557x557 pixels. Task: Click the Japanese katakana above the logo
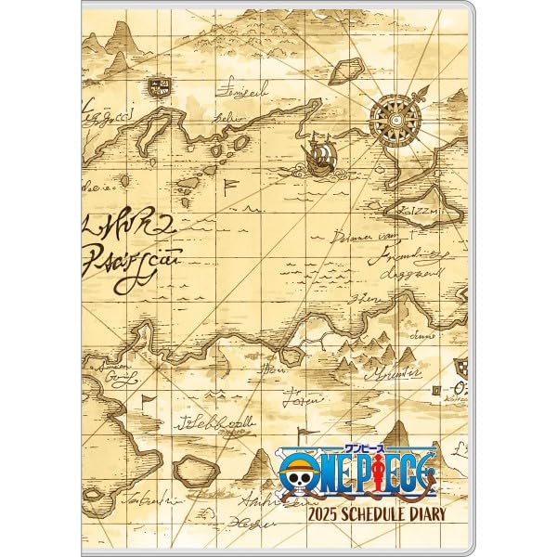[377, 446]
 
